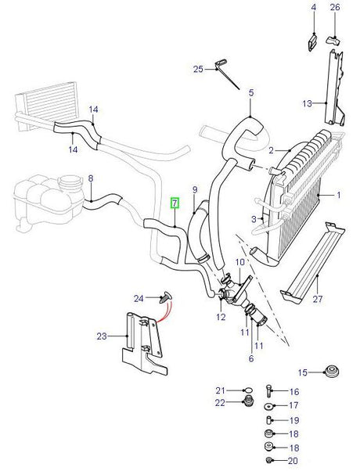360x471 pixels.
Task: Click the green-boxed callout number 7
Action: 175,203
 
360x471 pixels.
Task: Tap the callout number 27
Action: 318,299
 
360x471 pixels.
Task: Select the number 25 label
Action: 198,70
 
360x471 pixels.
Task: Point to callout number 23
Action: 102,336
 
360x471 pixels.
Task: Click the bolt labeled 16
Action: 268,390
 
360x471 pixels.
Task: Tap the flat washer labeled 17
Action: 268,406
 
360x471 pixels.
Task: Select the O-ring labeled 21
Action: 248,390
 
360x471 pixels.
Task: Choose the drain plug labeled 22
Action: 248,401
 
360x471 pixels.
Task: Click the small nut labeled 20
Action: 269,460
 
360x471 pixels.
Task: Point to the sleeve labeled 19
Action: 269,420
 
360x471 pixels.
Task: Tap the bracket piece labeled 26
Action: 333,40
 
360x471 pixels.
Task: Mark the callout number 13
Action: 308,103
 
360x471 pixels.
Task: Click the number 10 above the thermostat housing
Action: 239,262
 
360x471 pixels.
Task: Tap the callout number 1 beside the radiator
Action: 339,196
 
